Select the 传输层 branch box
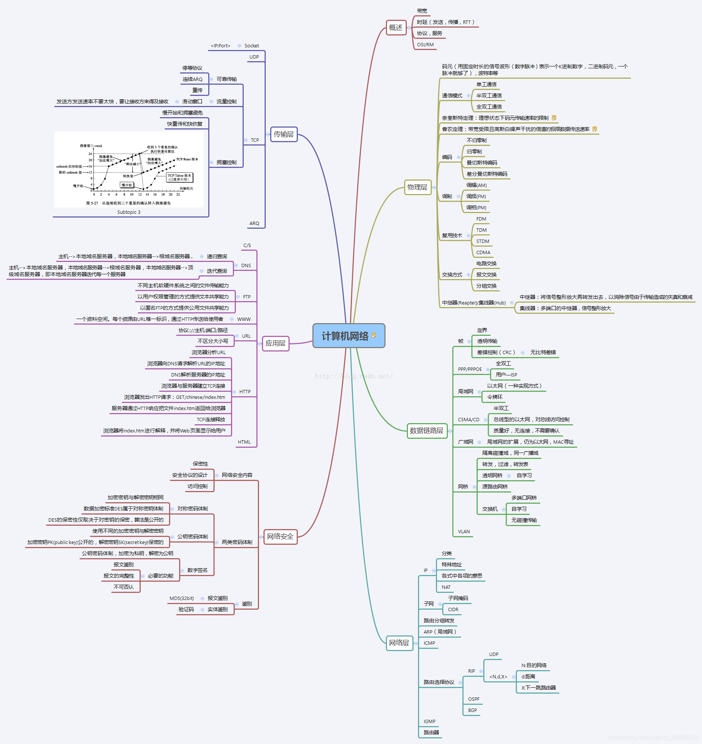coord(283,134)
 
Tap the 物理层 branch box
coord(417,187)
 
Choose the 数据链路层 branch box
coord(427,430)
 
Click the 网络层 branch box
coord(399,643)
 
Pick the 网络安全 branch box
coord(280,536)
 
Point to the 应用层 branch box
coord(275,343)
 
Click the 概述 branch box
coord(396,28)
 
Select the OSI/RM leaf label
coord(425,44)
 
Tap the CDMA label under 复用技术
coord(483,252)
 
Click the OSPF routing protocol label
coord(474,699)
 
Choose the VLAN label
coord(464,531)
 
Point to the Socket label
coord(252,46)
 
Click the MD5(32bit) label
coord(182,598)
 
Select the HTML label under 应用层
coord(244,442)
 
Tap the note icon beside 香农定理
coord(595,129)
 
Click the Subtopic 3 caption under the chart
coord(129,212)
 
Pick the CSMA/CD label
coord(468,419)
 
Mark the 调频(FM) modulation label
coord(476,197)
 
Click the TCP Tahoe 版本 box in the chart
coord(180,177)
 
